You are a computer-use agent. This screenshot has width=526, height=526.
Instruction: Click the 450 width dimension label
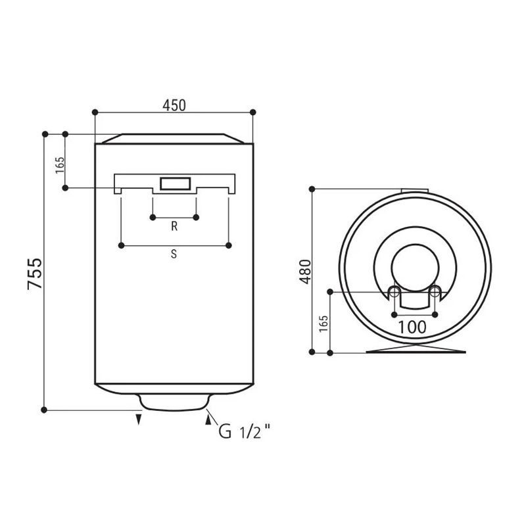[174, 105]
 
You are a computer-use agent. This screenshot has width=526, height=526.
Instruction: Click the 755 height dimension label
[35, 274]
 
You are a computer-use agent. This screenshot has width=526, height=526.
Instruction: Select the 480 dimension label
[306, 272]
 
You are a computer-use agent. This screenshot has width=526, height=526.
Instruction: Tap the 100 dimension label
[412, 327]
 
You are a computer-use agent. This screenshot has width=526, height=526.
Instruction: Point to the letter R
[174, 226]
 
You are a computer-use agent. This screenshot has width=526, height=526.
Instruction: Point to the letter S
[174, 254]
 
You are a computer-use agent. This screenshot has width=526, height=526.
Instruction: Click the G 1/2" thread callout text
[245, 431]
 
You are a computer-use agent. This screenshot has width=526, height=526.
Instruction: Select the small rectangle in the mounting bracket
[176, 184]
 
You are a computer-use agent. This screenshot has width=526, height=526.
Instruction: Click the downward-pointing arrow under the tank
[139, 419]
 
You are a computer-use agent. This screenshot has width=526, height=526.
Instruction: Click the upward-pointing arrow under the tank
[208, 419]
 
